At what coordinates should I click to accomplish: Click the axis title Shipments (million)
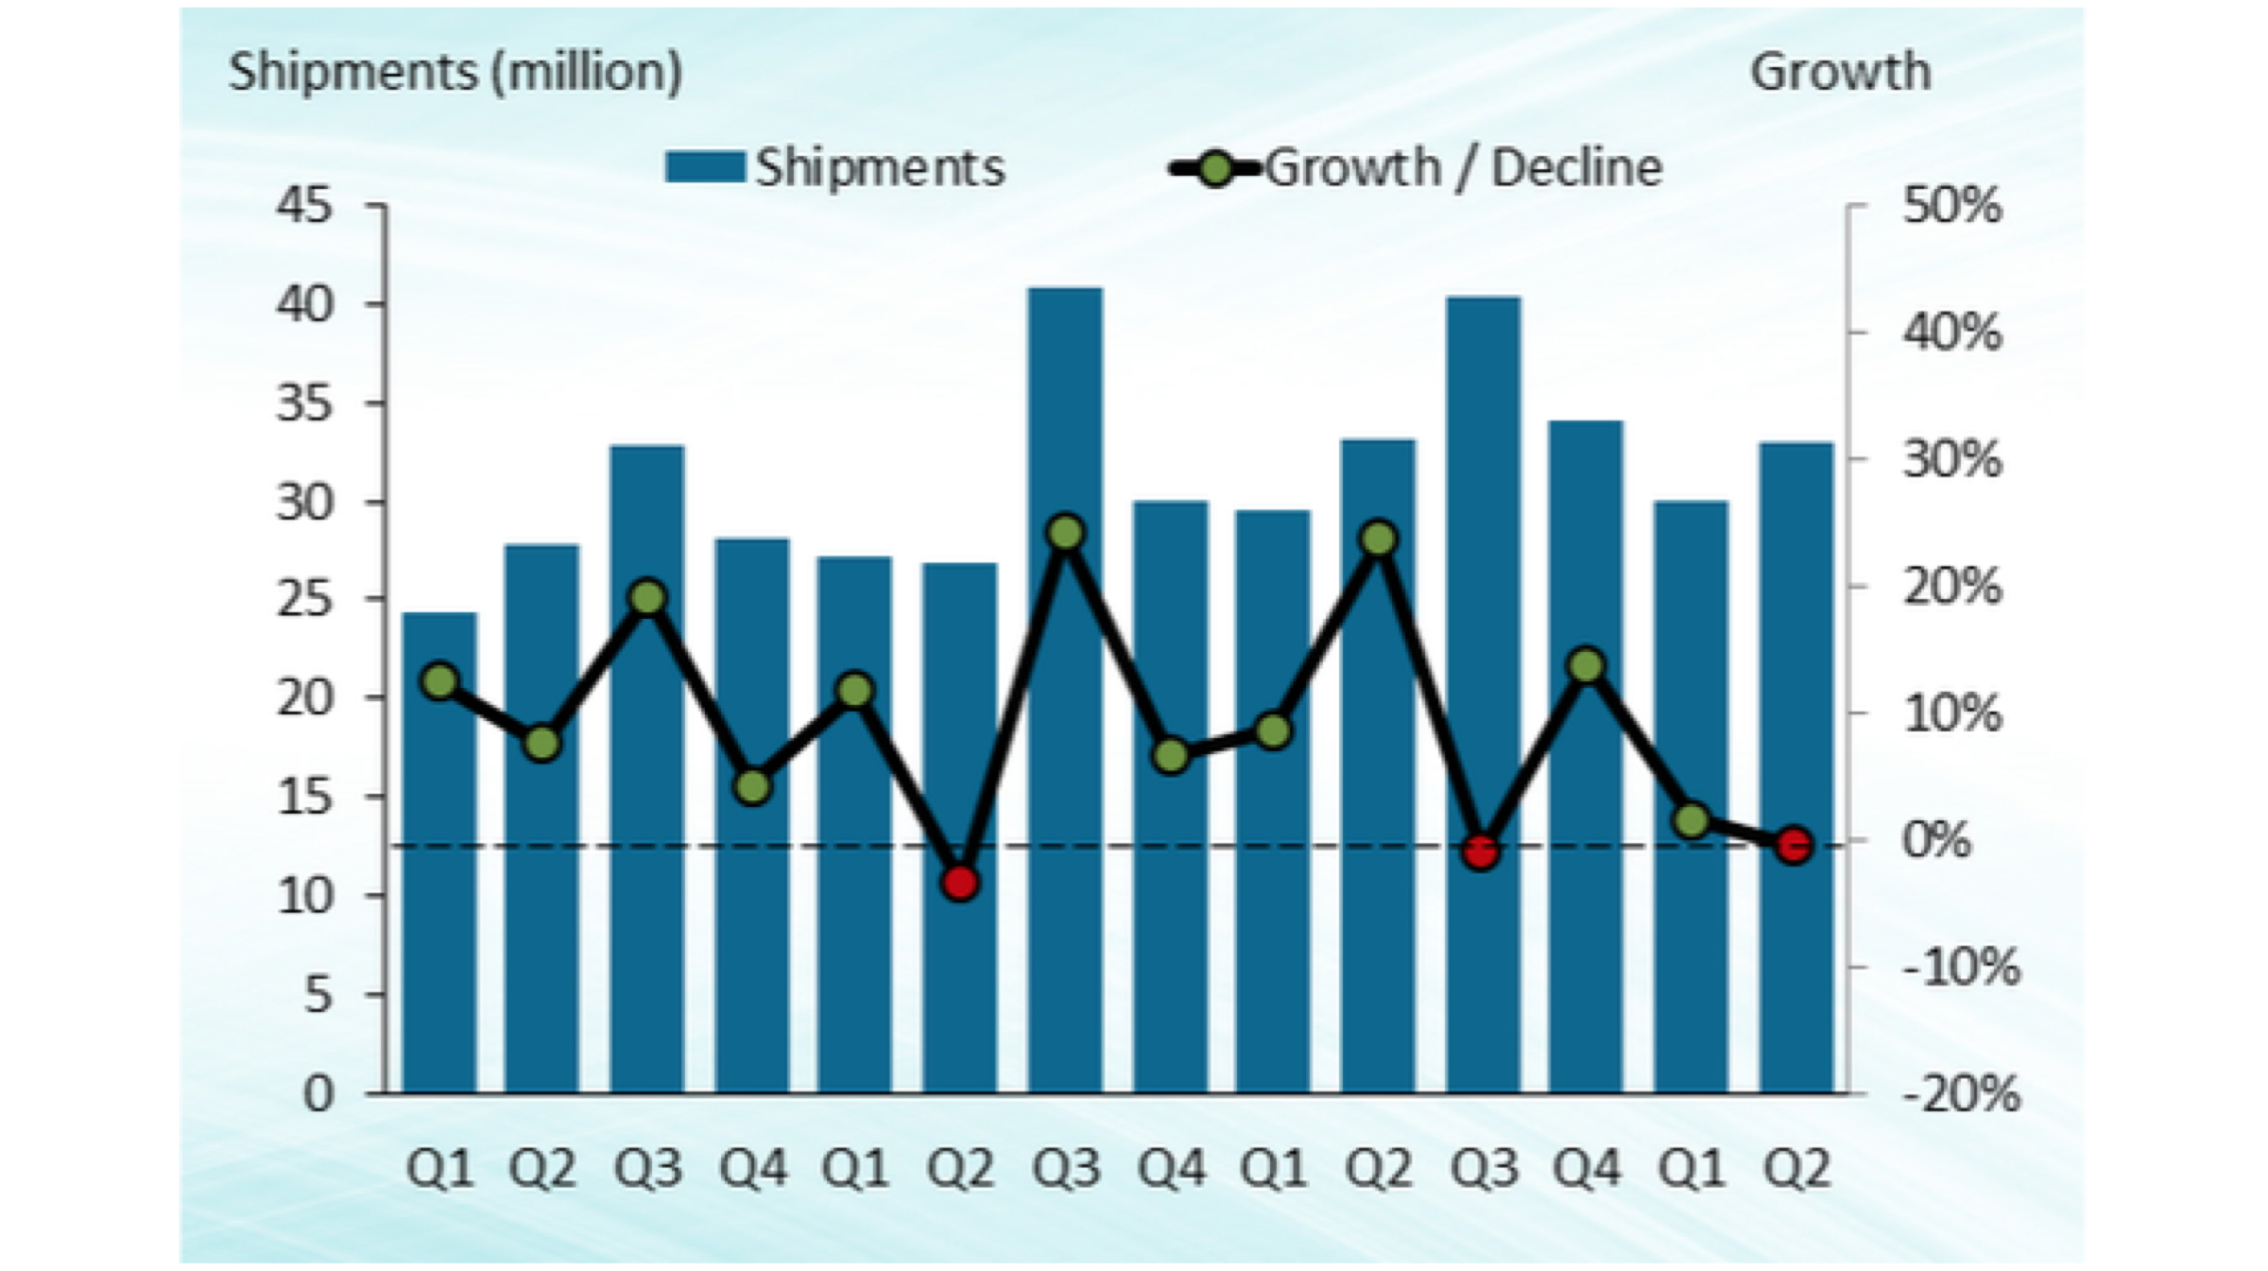click(x=455, y=72)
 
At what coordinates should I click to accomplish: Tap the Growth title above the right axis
click(x=1840, y=72)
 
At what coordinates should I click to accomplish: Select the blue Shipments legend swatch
click(x=704, y=168)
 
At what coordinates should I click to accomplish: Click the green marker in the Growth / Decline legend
click(x=1217, y=169)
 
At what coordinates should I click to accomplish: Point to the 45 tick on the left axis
click(x=304, y=205)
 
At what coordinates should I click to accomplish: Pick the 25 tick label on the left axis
click(x=304, y=599)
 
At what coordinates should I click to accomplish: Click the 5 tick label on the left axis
click(x=318, y=995)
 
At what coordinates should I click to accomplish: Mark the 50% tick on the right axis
click(x=1951, y=205)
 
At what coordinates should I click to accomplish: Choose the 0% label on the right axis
click(x=1936, y=840)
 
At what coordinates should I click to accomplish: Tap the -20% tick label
click(x=1961, y=1094)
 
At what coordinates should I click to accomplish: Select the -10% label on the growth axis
click(x=1961, y=968)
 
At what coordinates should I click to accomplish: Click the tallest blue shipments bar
click(x=1065, y=690)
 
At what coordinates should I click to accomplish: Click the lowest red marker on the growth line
click(x=960, y=883)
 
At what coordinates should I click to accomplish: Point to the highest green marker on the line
click(x=1066, y=533)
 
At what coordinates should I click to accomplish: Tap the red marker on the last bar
click(x=1795, y=845)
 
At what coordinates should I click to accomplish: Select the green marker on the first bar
click(x=439, y=680)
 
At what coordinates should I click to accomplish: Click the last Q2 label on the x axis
click(x=1796, y=1169)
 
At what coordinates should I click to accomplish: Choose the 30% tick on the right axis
click(x=1951, y=460)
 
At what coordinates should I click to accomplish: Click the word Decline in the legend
click(x=1576, y=168)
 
